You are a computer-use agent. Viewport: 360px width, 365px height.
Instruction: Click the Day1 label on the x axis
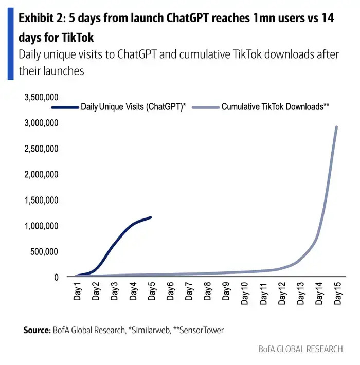78,291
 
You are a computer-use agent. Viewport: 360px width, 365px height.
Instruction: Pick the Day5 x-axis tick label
152,291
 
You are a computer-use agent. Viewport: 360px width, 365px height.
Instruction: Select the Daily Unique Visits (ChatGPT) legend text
133,107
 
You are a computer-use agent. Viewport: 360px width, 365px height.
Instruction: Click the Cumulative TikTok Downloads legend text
275,107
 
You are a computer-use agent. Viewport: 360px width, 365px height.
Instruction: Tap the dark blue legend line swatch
65,107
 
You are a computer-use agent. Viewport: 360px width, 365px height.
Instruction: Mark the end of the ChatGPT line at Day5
151,217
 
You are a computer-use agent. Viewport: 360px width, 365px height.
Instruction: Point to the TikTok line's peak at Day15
336,127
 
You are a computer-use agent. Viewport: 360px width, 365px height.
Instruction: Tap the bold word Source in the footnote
35,330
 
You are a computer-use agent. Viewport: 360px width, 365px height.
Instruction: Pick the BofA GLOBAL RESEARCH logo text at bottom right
300,349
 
